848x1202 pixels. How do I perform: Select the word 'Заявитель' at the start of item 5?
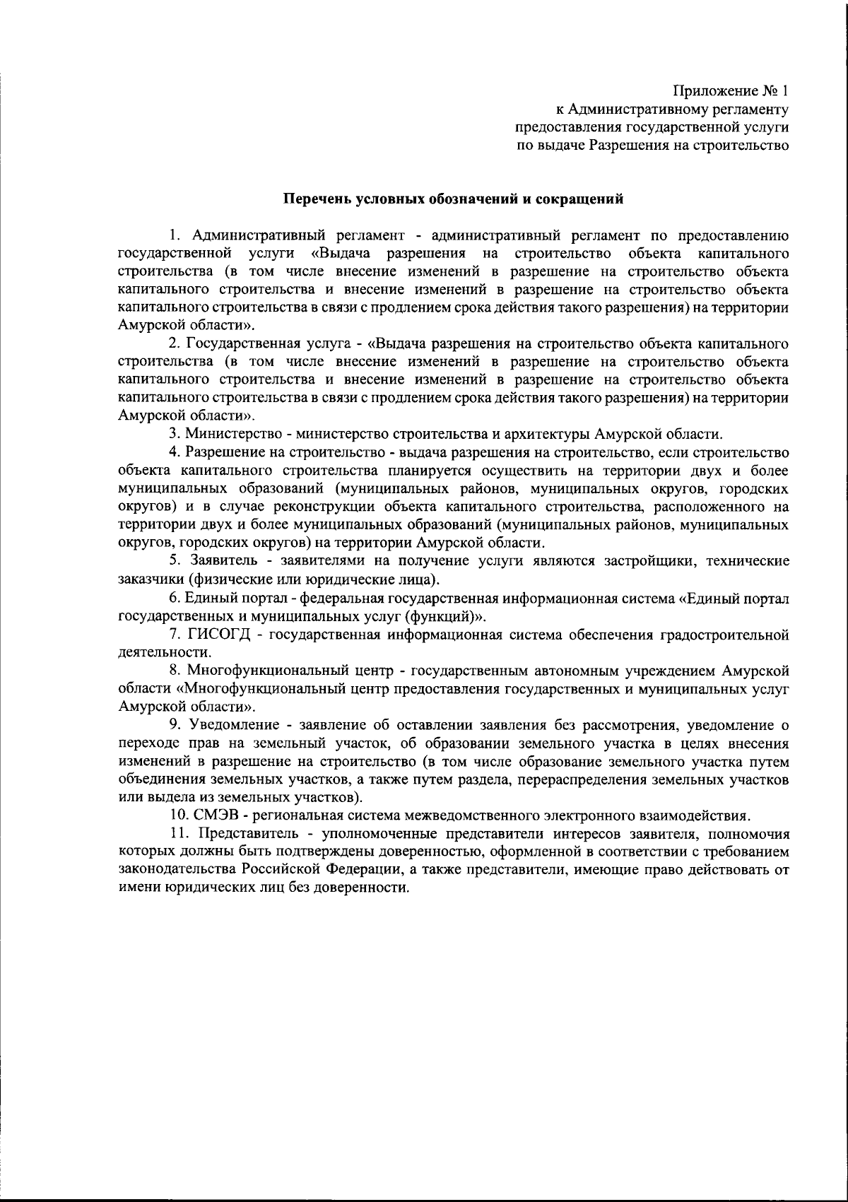[x=223, y=561]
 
